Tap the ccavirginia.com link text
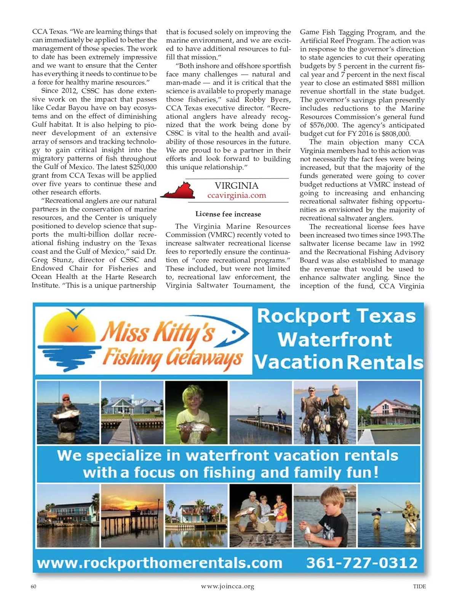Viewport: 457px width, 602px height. click(x=236, y=196)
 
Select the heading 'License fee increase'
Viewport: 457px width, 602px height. click(x=228, y=214)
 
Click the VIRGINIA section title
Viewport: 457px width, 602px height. click(x=236, y=186)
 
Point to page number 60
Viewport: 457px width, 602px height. click(x=34, y=586)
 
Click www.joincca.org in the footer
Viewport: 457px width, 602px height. click(x=227, y=586)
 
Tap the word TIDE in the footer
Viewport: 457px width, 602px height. click(x=419, y=586)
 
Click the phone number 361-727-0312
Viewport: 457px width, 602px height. click(x=362, y=563)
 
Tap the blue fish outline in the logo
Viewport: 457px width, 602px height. click(x=234, y=335)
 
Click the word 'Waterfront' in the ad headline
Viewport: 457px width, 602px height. click(x=335, y=339)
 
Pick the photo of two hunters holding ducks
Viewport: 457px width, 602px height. click(x=325, y=412)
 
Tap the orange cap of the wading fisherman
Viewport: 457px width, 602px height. click(x=66, y=397)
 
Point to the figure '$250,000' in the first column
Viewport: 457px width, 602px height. click(x=143, y=167)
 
